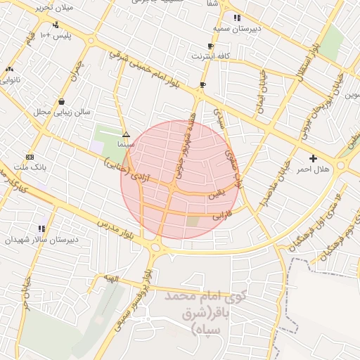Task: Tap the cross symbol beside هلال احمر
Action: point(313,158)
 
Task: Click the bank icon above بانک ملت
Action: point(29,156)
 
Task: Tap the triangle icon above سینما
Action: point(126,134)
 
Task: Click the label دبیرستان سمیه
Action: point(237,29)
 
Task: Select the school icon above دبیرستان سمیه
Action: point(237,18)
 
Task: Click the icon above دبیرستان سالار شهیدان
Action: point(41,228)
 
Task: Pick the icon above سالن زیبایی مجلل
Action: point(63,101)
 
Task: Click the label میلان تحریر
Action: point(53,7)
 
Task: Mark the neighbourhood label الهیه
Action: point(111,280)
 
